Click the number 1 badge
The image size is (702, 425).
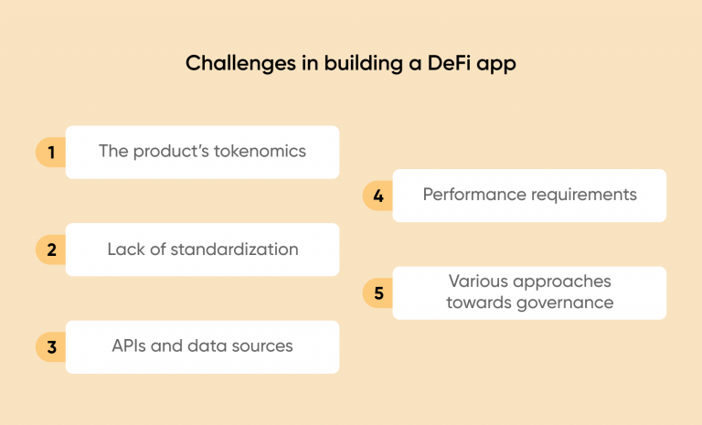pos(51,153)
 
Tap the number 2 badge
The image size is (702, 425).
pos(51,250)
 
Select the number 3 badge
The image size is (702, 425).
pos(51,346)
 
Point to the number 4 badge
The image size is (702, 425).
pos(378,196)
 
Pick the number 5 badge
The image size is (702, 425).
pos(378,292)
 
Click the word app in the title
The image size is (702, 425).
pos(498,65)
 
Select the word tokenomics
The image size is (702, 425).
pos(260,152)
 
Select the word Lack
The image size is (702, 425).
pos(126,249)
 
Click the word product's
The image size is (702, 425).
pos(169,152)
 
